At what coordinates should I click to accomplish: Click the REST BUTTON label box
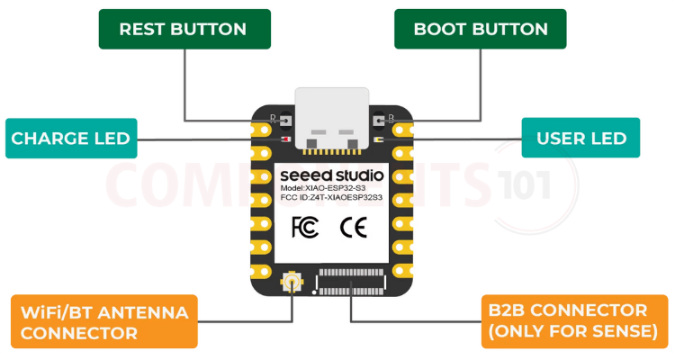click(x=183, y=29)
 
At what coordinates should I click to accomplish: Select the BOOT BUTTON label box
click(x=480, y=29)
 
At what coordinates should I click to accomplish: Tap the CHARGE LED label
click(x=70, y=139)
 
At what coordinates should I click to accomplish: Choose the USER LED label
click(x=580, y=139)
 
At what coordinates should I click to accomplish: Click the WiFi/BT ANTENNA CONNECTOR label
click(x=104, y=321)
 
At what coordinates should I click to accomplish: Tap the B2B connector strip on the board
click(x=351, y=287)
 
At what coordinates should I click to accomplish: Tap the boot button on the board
click(x=380, y=120)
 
